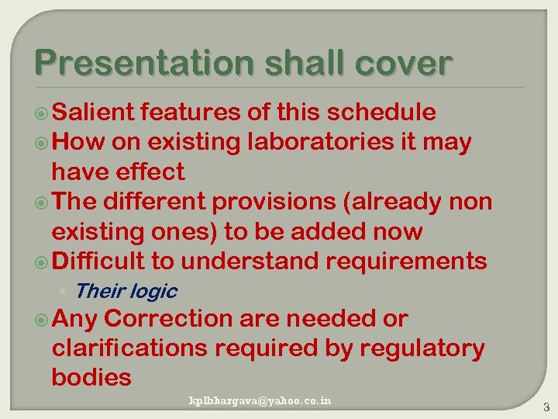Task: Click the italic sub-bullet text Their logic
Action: pos(126,292)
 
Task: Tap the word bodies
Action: pos(91,378)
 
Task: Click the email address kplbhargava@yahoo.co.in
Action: pos(260,400)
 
